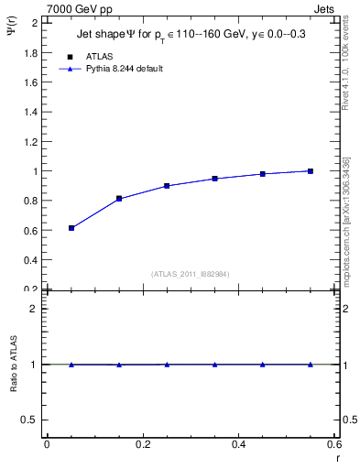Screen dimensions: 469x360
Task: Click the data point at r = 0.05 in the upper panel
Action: click(71, 228)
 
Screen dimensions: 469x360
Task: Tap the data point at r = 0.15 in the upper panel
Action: click(119, 199)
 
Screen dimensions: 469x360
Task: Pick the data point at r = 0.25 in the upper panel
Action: click(167, 186)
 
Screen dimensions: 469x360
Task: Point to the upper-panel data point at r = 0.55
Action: click(311, 171)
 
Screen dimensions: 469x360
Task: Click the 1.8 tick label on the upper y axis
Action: click(30, 52)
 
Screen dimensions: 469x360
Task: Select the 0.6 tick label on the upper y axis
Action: click(30, 230)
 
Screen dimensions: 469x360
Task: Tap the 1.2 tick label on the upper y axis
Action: click(30, 141)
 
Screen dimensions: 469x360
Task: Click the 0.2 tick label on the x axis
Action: click(143, 444)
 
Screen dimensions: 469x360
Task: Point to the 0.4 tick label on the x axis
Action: click(238, 444)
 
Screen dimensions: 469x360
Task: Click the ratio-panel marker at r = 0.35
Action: click(214, 365)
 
